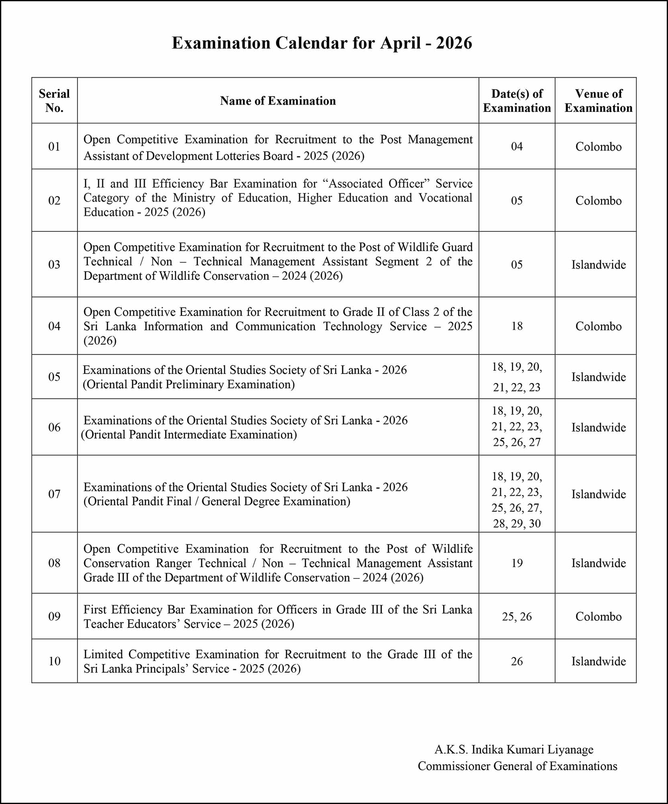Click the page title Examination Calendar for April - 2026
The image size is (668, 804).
point(322,43)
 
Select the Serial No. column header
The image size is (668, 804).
point(54,100)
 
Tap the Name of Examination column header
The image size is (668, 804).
point(278,101)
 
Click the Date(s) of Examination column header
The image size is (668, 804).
point(517,100)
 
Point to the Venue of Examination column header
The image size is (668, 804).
point(598,100)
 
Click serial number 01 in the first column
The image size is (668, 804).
point(54,146)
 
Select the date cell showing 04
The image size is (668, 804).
point(517,146)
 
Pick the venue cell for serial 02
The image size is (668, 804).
point(598,201)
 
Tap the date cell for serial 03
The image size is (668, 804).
point(517,265)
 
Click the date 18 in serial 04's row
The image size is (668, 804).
point(517,326)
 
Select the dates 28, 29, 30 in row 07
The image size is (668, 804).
point(517,523)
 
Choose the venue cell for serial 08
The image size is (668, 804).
point(598,563)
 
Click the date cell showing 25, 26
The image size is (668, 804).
point(517,617)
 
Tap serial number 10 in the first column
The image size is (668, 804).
point(54,661)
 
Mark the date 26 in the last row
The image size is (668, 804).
point(517,661)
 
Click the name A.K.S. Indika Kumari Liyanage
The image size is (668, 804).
point(514,750)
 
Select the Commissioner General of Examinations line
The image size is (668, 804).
point(517,766)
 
